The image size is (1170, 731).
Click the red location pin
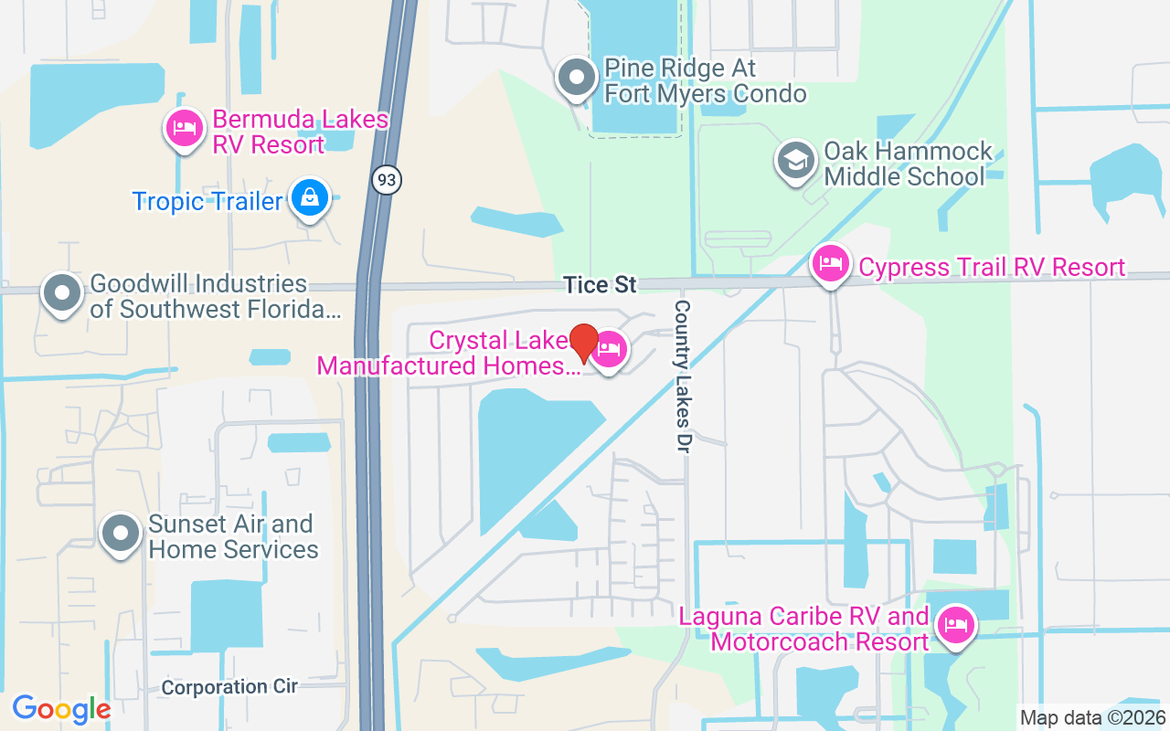click(x=584, y=343)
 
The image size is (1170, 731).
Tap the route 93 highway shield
click(x=387, y=180)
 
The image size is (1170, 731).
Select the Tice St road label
click(x=600, y=285)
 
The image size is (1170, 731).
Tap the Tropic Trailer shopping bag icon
click(x=310, y=196)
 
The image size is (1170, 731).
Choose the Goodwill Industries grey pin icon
click(x=62, y=293)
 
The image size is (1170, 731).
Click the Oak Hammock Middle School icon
click(x=796, y=161)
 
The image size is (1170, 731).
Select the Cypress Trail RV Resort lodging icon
click(x=830, y=264)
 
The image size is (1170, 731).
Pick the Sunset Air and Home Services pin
click(x=120, y=534)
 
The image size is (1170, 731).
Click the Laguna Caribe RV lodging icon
click(x=955, y=626)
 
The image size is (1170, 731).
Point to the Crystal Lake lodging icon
click(x=610, y=350)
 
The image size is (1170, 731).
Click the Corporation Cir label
click(x=229, y=686)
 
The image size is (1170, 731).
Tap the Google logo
click(x=61, y=709)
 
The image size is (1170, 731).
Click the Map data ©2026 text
click(x=1092, y=717)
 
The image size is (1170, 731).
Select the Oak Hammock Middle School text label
click(x=905, y=164)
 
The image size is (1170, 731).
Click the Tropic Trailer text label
click(x=207, y=201)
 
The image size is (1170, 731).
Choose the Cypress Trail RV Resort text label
click(x=992, y=267)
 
